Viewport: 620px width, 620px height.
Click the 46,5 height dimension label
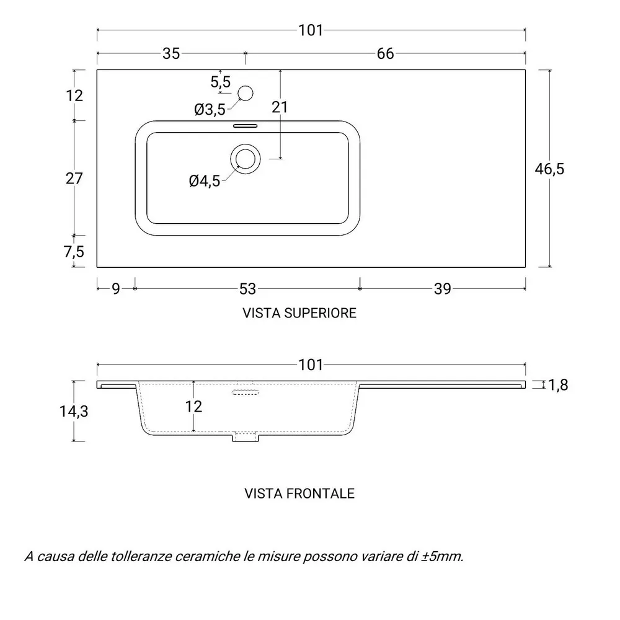pyautogui.click(x=549, y=169)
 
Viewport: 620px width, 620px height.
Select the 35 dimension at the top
pyautogui.click(x=171, y=53)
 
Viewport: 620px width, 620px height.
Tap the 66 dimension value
pyautogui.click(x=385, y=53)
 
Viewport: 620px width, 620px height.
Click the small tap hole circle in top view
pyautogui.click(x=245, y=94)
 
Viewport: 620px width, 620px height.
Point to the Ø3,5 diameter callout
pyautogui.click(x=210, y=110)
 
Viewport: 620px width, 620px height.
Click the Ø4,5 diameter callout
pyautogui.click(x=205, y=182)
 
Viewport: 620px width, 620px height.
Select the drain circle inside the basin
pyautogui.click(x=246, y=159)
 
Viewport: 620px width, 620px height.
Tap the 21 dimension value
pyautogui.click(x=280, y=107)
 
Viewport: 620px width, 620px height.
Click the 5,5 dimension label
pyautogui.click(x=220, y=82)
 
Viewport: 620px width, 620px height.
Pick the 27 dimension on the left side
pyautogui.click(x=74, y=179)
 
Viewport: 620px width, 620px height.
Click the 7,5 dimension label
pyautogui.click(x=74, y=252)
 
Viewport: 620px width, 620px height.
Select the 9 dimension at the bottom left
pyautogui.click(x=115, y=289)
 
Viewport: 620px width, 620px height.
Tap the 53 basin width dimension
pyautogui.click(x=248, y=289)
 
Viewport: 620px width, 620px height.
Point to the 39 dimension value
pyautogui.click(x=443, y=289)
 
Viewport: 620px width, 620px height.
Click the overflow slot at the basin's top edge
pyautogui.click(x=245, y=126)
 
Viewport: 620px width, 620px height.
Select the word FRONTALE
pyautogui.click(x=321, y=494)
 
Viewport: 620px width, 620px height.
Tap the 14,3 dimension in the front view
pyautogui.click(x=74, y=412)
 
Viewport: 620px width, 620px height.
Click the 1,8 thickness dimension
pyautogui.click(x=558, y=385)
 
